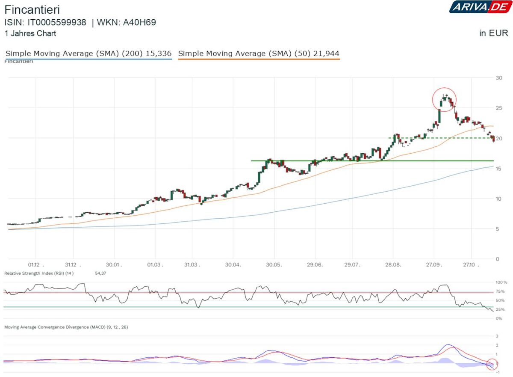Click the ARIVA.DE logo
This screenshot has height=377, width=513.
(478, 7)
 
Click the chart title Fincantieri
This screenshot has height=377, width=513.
(32, 9)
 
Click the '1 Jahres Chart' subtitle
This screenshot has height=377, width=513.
(30, 33)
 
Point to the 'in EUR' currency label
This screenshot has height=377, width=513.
(494, 33)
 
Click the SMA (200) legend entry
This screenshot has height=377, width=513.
(88, 53)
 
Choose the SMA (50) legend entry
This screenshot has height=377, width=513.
(259, 53)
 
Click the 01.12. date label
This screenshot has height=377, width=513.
(36, 265)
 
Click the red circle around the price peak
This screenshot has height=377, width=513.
(445, 100)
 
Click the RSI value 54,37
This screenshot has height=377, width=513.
(100, 273)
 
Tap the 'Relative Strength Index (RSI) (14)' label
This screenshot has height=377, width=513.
(39, 273)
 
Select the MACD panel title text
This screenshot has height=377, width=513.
(66, 327)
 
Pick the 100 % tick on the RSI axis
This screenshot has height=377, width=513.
(500, 283)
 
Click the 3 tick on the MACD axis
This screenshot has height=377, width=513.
(497, 336)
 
